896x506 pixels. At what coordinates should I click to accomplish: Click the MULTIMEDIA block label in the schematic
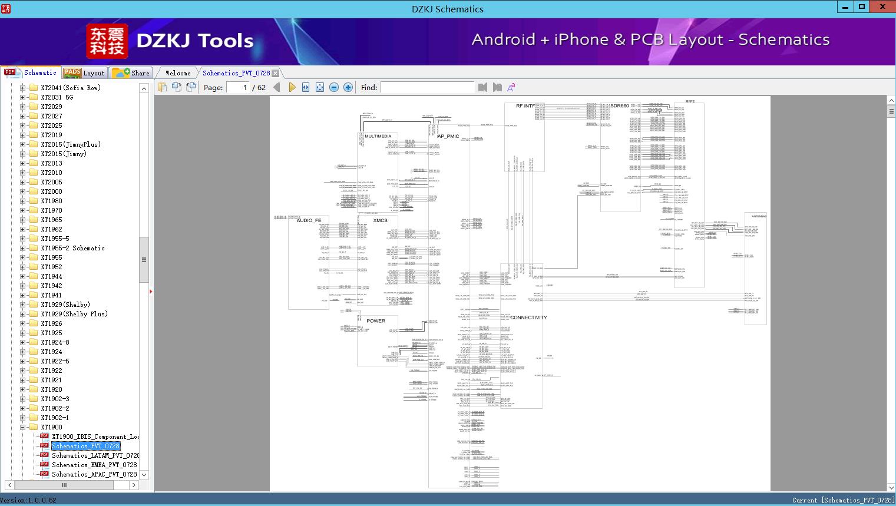coord(378,136)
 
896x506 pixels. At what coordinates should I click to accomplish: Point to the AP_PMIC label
coord(448,136)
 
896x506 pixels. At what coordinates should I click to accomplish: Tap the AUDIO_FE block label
coord(309,220)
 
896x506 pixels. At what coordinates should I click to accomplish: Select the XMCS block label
coord(381,220)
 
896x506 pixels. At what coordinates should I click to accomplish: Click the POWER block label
coord(376,321)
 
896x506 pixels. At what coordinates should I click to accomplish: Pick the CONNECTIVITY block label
coord(528,318)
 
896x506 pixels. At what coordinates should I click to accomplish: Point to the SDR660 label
coord(619,106)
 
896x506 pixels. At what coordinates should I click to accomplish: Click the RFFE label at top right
coord(690,101)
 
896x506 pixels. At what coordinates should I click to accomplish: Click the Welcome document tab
coord(178,73)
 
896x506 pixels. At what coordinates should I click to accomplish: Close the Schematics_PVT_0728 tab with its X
coord(275,74)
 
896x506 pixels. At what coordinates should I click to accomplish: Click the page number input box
coord(238,87)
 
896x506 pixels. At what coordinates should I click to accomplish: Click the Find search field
coord(427,87)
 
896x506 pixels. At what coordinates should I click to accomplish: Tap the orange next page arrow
coord(292,87)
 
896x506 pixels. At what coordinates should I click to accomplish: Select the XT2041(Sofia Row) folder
coord(70,88)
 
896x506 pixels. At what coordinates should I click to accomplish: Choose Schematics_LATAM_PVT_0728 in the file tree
coord(95,455)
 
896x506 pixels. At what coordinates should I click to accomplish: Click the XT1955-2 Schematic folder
coord(72,248)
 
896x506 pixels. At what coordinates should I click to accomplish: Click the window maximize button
coord(862,7)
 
